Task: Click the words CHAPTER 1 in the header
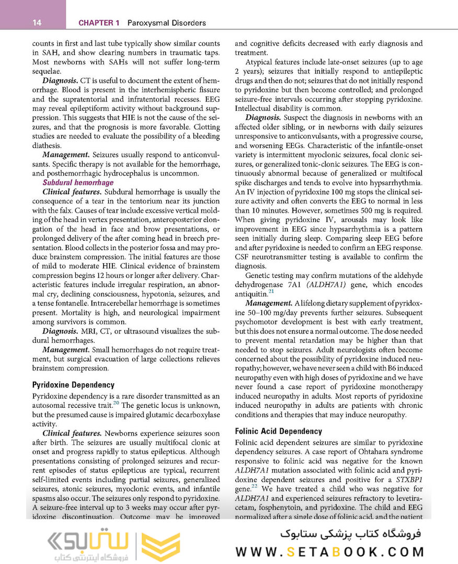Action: pos(99,22)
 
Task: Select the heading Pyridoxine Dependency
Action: pos(73,385)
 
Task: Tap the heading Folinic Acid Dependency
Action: pos(278,431)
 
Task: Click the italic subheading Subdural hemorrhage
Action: pos(78,183)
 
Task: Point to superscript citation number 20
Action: pos(116,402)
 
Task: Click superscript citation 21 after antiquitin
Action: pos(271,291)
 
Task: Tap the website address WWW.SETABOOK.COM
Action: pos(329,552)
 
